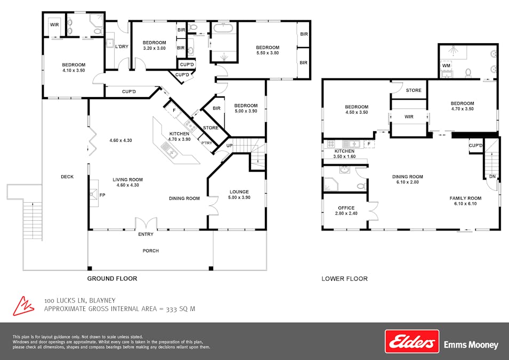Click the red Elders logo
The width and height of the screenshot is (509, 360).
(412, 341)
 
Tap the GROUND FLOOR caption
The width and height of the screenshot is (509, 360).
(112, 278)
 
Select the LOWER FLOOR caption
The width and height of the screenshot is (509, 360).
(344, 278)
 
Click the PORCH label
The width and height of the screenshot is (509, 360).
(151, 251)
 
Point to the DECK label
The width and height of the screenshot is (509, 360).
(67, 177)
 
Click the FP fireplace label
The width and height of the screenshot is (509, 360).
(102, 195)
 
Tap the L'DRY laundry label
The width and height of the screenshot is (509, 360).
(122, 47)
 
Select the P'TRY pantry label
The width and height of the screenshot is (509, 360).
(206, 143)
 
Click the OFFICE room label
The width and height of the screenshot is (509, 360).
(346, 208)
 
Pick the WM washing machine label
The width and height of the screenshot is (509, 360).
(447, 66)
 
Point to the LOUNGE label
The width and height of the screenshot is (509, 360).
(239, 191)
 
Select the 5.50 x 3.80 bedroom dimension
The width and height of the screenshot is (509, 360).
(267, 53)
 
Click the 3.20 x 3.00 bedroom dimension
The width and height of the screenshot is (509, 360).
(155, 49)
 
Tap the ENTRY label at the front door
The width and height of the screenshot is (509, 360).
(146, 234)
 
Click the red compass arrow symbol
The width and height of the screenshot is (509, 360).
(23, 305)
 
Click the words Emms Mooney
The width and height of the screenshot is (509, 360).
(471, 345)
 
